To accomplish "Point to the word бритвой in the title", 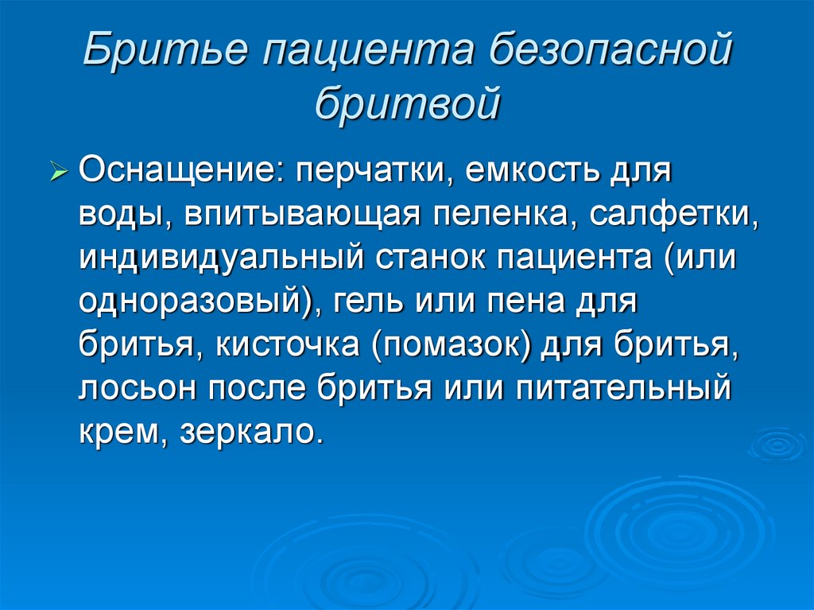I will tap(407, 103).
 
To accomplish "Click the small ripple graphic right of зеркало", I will tap(777, 444).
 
